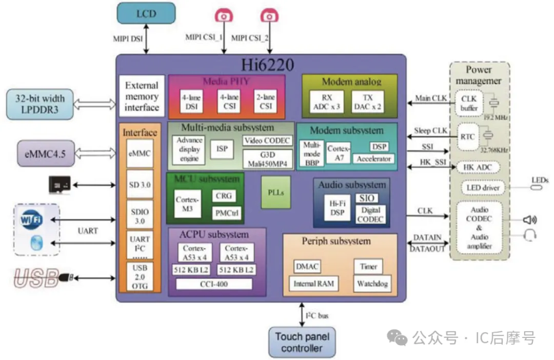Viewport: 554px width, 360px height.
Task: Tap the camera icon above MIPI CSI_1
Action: [x=224, y=15]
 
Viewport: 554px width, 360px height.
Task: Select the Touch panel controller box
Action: [x=302, y=342]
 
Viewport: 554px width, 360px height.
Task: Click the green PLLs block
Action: [x=276, y=192]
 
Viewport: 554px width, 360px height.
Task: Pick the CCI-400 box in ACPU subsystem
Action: [x=214, y=284]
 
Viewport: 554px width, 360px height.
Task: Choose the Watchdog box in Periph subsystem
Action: [x=372, y=283]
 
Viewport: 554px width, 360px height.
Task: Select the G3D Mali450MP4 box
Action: [x=267, y=159]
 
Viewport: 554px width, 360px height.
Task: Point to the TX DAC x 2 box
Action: [x=367, y=102]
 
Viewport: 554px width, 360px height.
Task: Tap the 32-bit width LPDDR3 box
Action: [x=39, y=103]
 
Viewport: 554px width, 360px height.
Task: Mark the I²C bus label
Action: [x=316, y=315]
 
